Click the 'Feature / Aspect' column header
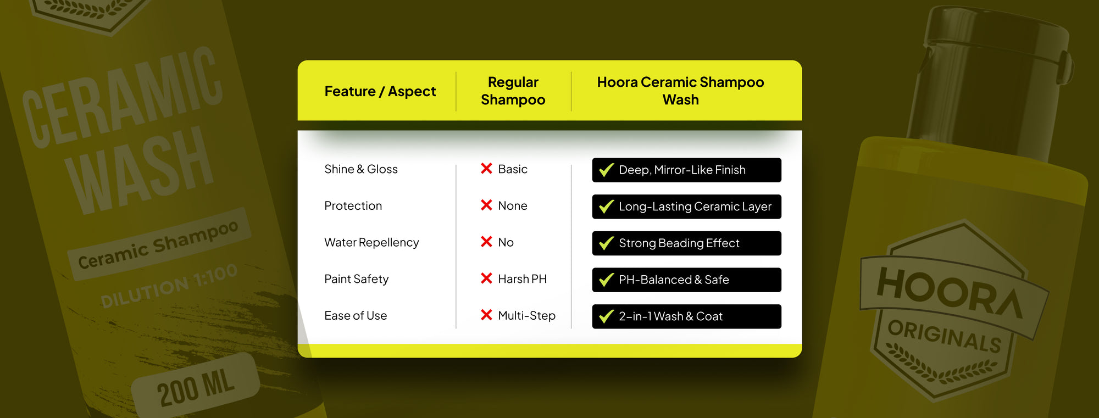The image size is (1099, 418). point(380,91)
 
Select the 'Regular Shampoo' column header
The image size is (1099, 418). point(513,91)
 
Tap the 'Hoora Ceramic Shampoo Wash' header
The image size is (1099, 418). point(681,91)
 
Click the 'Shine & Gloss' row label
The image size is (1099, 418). point(361,169)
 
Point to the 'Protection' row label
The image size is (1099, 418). point(353,206)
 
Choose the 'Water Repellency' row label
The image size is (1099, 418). point(371,242)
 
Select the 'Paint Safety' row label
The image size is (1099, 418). point(357,279)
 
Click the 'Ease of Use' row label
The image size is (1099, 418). point(356,316)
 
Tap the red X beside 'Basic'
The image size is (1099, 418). point(486,168)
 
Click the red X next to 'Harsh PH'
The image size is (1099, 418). point(486,278)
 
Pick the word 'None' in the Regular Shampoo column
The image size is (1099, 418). point(513,206)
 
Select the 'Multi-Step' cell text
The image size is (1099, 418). point(527,316)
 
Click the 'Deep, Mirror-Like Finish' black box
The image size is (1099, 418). point(687,170)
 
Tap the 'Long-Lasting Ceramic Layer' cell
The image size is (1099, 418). point(687,207)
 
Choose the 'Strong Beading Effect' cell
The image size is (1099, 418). point(687,243)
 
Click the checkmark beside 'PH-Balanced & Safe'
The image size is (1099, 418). point(606,280)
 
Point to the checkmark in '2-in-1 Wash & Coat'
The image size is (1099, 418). point(606,316)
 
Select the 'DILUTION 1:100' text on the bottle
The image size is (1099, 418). point(169,285)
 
